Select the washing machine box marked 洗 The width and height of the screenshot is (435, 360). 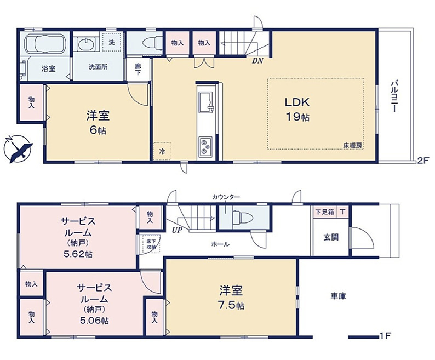click(112, 43)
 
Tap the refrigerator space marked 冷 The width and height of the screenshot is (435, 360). click(162, 151)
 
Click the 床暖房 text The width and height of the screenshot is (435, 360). click(352, 145)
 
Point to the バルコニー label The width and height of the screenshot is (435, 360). click(393, 97)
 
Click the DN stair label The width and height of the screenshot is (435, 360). click(257, 61)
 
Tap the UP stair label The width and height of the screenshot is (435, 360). click(177, 230)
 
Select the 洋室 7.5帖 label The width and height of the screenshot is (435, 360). click(232, 296)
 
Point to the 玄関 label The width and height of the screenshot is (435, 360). click(330, 237)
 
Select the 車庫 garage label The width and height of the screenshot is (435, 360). click(338, 296)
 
